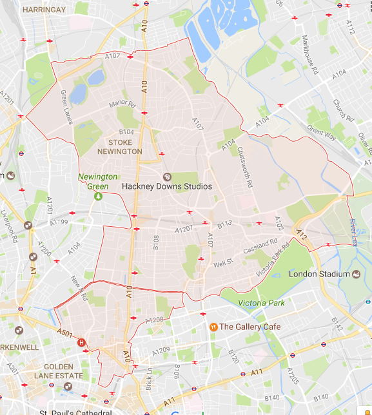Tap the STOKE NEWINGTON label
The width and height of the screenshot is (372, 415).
pyautogui.click(x=119, y=147)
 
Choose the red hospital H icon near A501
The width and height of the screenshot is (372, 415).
pyautogui.click(x=81, y=343)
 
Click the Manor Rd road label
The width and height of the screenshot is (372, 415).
pyautogui.click(x=122, y=104)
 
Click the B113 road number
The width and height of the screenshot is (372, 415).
pyautogui.click(x=224, y=224)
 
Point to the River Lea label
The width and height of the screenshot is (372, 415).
pyautogui.click(x=352, y=228)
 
